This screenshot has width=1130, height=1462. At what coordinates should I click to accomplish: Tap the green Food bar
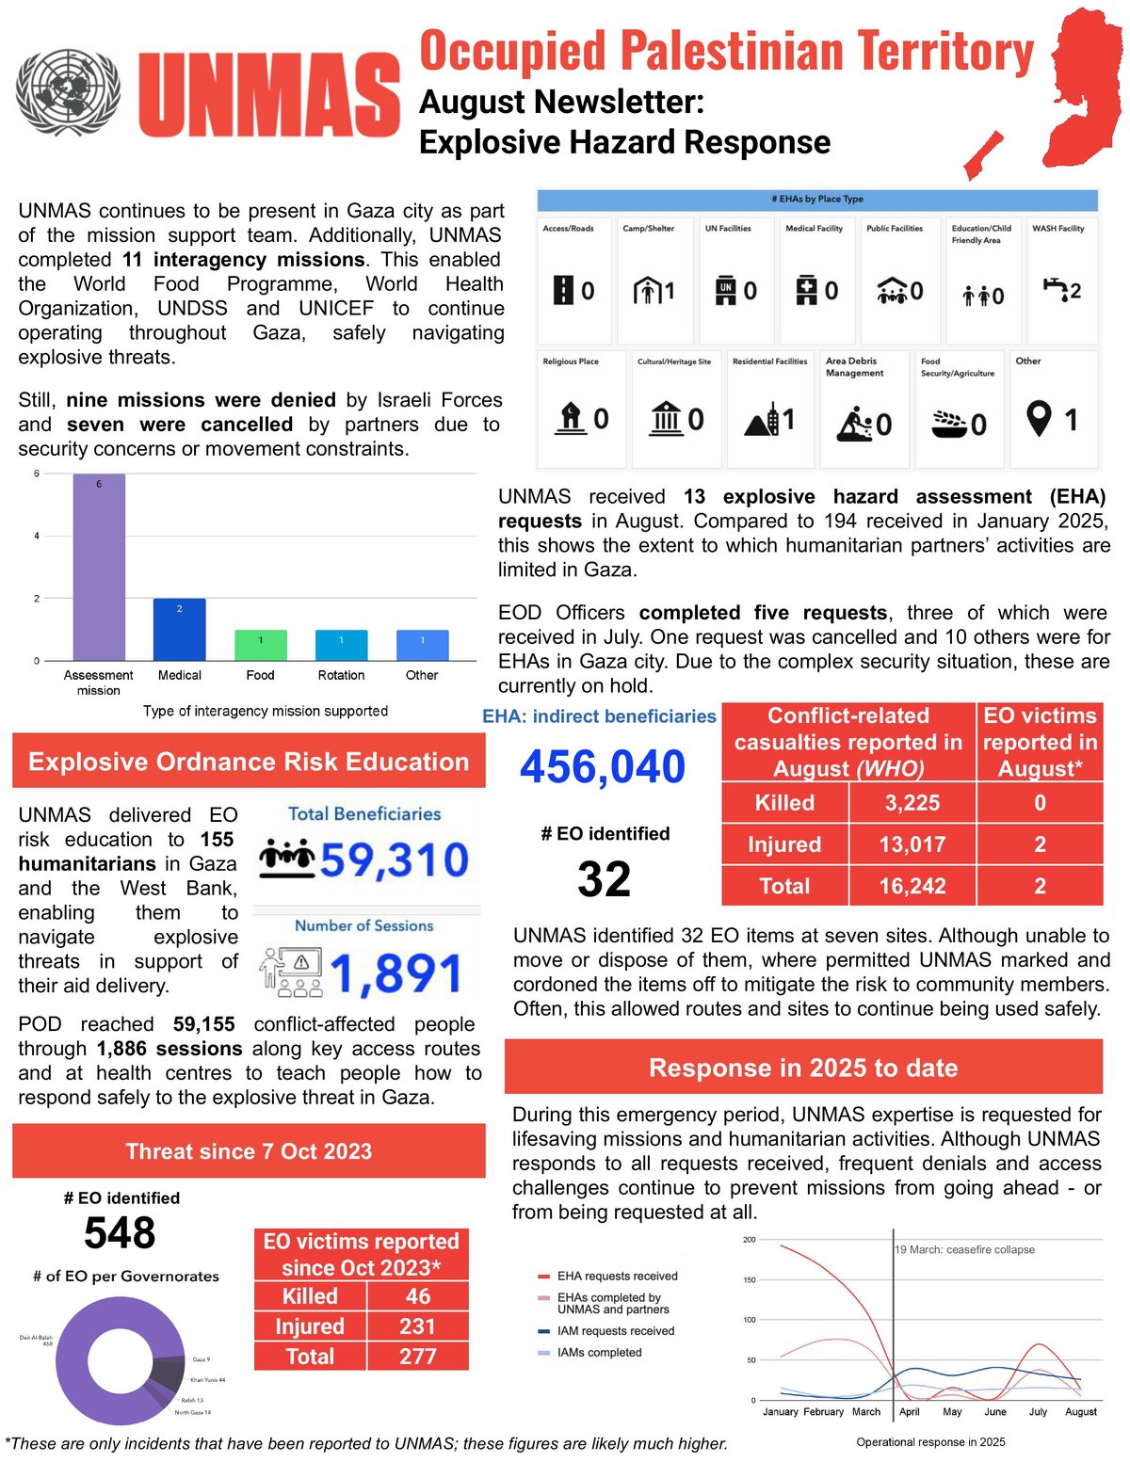261,645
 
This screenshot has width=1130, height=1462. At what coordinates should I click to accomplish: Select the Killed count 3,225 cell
912,803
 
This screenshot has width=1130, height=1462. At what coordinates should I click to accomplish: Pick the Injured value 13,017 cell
912,844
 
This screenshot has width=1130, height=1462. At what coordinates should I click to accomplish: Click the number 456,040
603,766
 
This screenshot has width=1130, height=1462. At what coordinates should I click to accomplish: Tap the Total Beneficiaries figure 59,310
394,860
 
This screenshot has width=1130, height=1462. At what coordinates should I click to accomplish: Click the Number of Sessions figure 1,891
395,973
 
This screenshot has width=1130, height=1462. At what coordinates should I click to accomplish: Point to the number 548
120,1233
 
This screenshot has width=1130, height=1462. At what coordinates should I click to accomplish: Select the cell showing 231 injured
417,1326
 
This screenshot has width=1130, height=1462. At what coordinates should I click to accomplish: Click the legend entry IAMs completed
599,1353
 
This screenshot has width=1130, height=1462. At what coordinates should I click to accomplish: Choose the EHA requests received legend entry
617,1277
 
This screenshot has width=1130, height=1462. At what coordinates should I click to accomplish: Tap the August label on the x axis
1080,1412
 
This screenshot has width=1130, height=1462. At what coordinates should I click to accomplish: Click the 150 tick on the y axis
750,1280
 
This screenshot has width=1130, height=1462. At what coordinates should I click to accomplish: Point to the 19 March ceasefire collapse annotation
964,1250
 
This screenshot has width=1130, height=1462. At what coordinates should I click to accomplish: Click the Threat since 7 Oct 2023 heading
249,1151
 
